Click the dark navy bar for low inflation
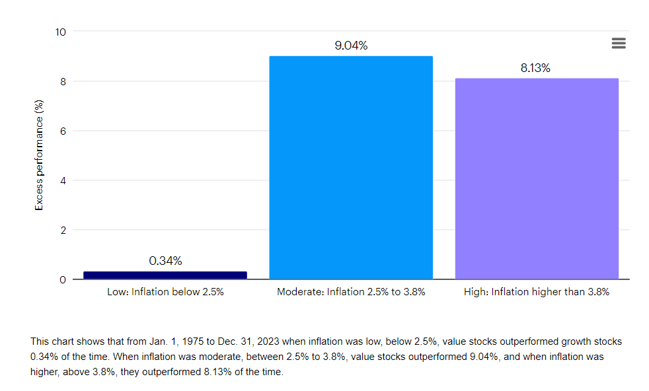[165, 275]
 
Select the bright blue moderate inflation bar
[351, 168]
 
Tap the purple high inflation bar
[537, 178]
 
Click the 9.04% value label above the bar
[351, 46]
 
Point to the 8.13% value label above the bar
[535, 68]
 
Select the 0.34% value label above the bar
[165, 261]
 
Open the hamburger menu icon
[619, 44]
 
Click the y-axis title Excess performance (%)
[39, 155]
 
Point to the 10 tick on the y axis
[60, 32]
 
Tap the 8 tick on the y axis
[63, 81]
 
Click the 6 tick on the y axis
[63, 131]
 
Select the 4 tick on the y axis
[63, 180]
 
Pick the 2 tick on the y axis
[63, 230]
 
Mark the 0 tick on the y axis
[63, 279]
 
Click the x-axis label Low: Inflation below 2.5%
[165, 291]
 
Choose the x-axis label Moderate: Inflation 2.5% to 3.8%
[351, 291]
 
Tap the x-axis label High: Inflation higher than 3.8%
[537, 291]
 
